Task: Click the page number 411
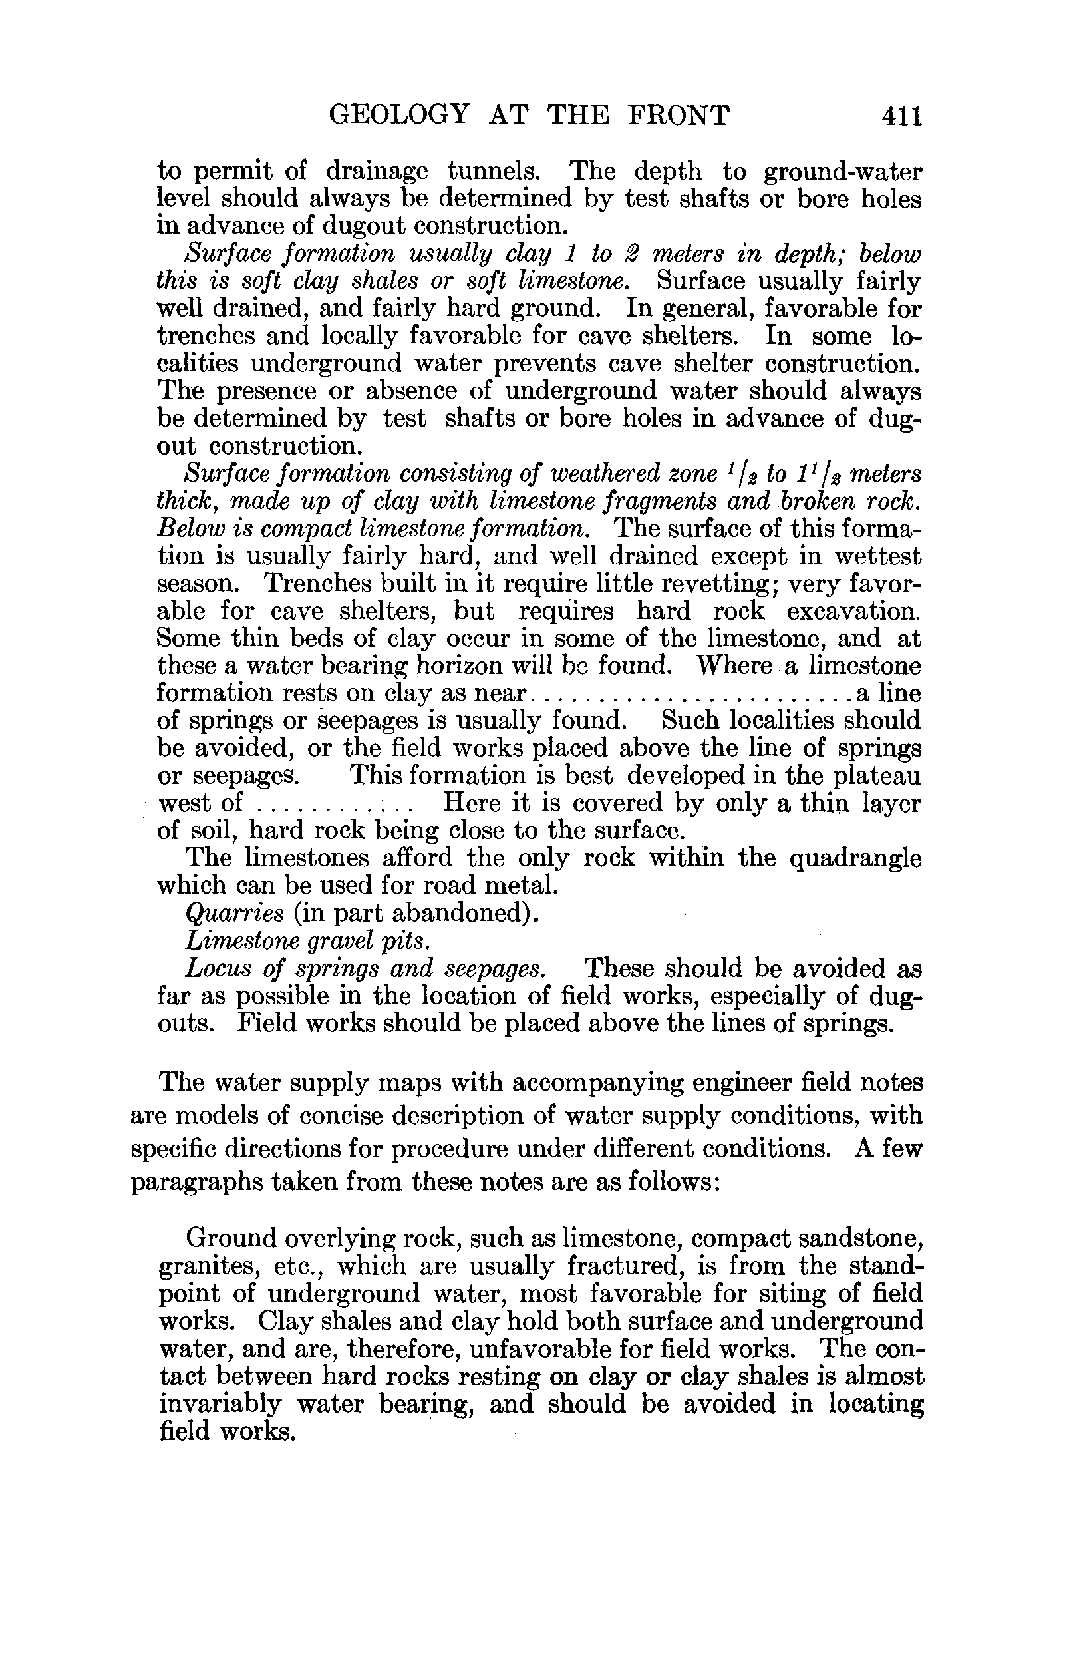[901, 115]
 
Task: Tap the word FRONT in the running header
[679, 115]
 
